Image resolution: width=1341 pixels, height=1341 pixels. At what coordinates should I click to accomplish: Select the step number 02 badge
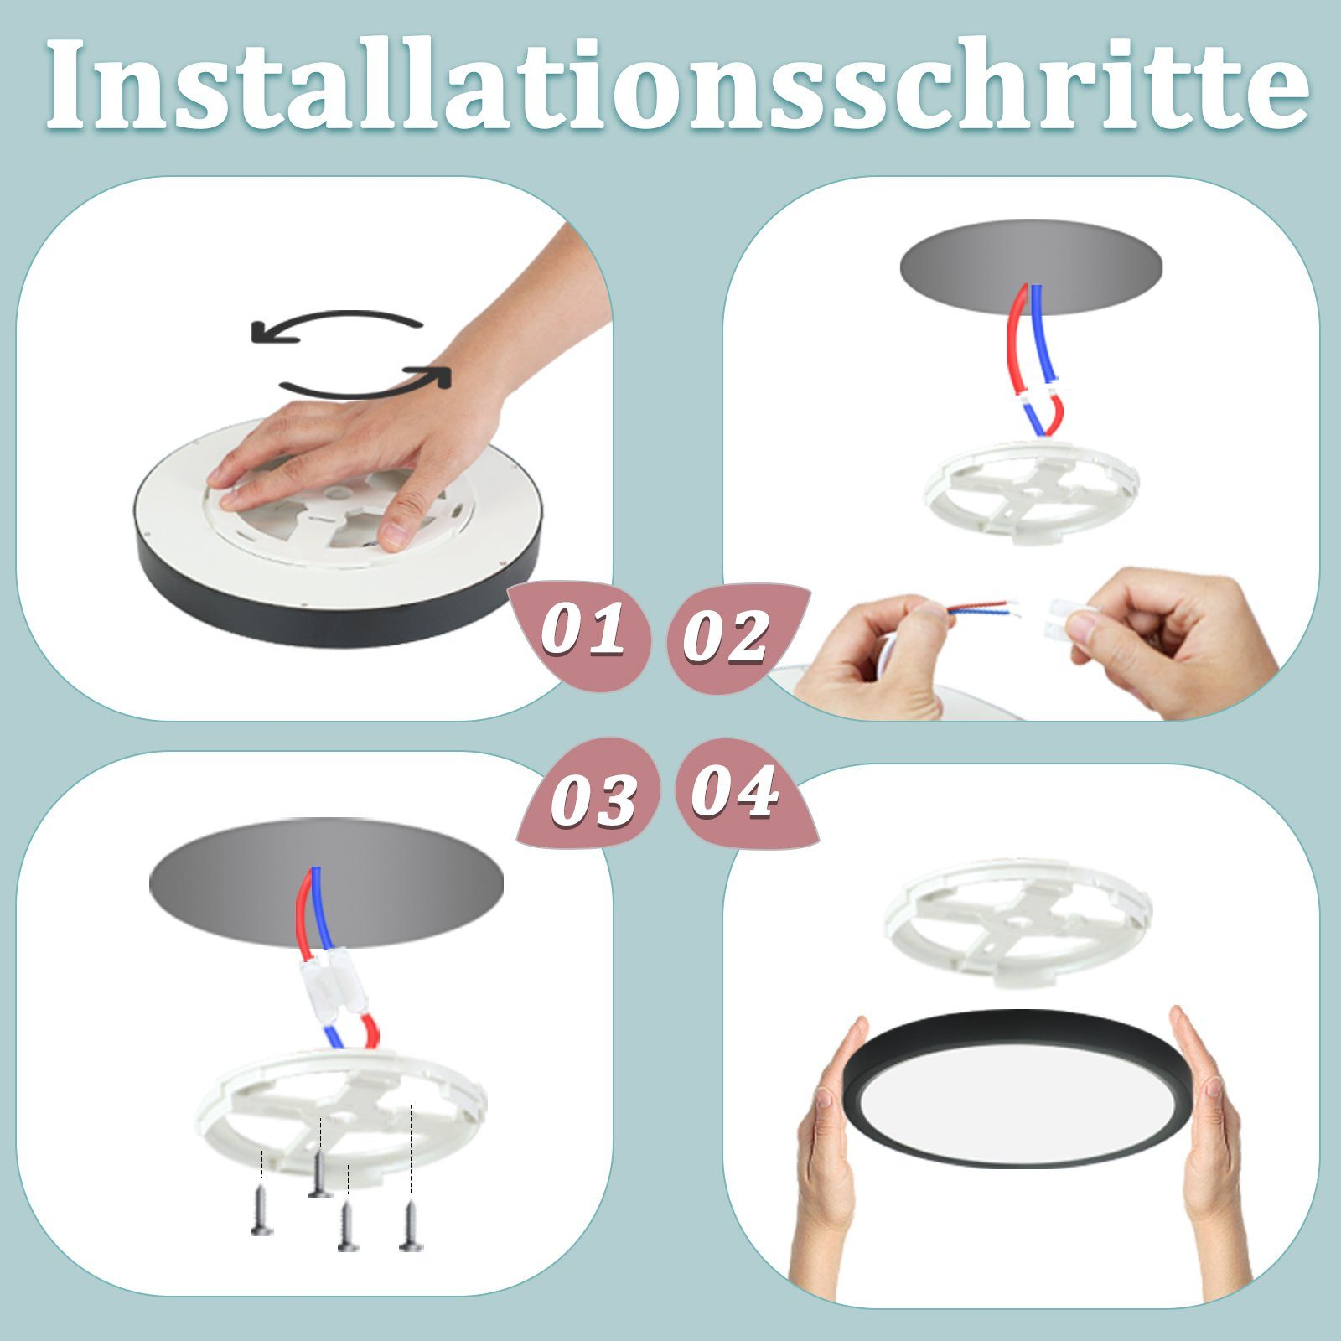click(726, 637)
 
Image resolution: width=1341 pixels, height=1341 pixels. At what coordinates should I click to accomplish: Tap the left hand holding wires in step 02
click(872, 662)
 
